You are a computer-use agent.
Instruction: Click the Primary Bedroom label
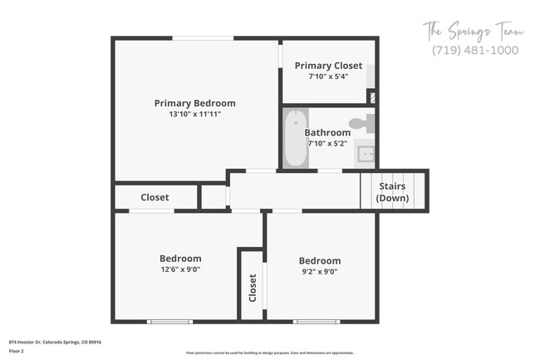194,103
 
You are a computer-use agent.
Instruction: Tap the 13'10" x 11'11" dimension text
194,114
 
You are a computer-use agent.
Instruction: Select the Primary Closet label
328,66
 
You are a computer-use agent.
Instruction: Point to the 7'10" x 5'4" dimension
328,76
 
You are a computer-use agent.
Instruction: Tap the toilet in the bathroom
360,125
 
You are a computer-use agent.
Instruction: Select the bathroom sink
366,153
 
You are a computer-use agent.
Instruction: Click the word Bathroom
327,132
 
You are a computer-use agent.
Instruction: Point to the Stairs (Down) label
392,192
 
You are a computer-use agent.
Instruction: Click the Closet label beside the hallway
155,197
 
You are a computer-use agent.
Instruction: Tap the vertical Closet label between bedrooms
253,288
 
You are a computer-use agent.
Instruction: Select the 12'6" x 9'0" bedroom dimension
180,269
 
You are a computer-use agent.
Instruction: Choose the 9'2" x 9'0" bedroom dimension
320,271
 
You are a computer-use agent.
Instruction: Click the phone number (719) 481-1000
475,50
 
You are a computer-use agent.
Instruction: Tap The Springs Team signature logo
474,32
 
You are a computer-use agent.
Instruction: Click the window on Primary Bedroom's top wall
203,37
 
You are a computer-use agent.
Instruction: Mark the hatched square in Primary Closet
371,96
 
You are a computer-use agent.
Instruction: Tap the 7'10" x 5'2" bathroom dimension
327,143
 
